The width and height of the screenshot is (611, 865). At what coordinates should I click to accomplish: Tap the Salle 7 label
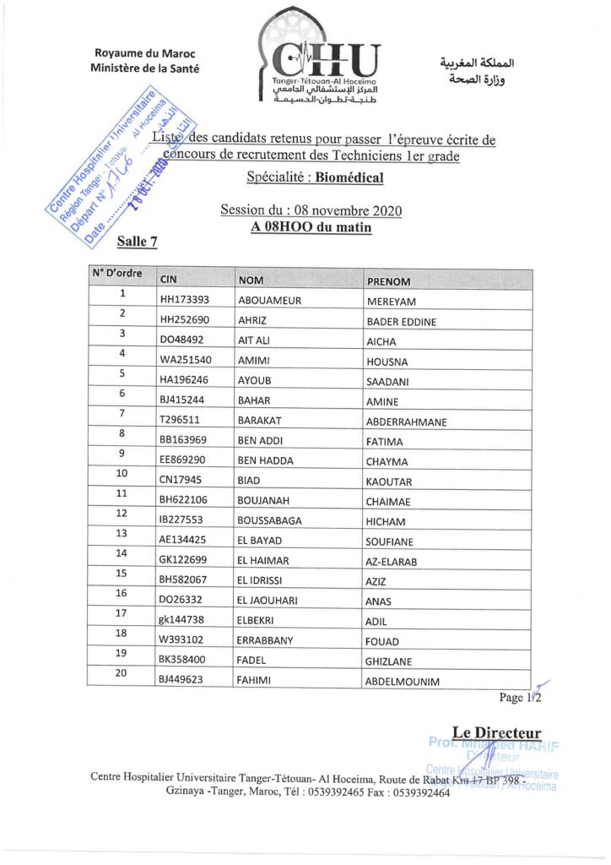point(137,242)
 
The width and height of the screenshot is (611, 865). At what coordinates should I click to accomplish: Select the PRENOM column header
point(389,281)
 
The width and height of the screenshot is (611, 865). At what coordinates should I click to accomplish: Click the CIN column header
point(169,280)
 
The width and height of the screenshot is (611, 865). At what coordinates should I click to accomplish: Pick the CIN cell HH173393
point(184,300)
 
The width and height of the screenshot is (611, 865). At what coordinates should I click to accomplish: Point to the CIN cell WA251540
point(186,360)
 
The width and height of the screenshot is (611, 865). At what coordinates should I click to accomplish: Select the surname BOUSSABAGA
point(270,520)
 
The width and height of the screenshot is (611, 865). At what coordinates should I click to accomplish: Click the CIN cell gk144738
point(183,620)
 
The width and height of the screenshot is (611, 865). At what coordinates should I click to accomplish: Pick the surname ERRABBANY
point(265,640)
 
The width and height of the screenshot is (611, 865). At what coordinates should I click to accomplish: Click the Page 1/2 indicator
point(520,698)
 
